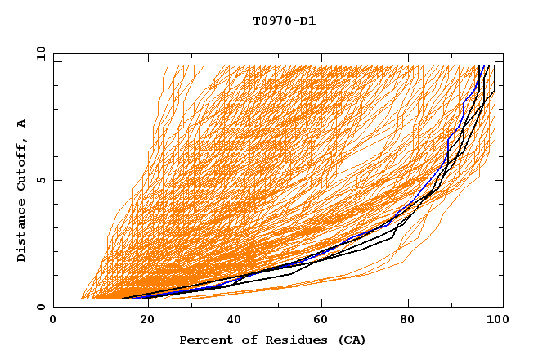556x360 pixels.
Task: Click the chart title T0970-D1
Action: [284, 21]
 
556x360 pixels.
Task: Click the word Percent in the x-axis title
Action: [205, 340]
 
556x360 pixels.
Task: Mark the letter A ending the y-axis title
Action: [22, 123]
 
